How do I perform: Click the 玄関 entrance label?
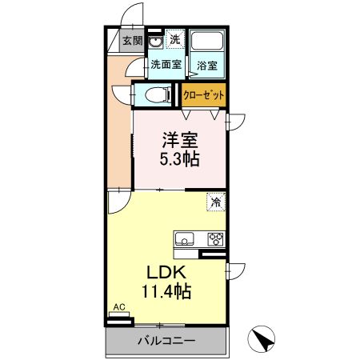point(132,41)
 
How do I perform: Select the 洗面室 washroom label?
point(166,66)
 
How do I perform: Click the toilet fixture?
point(158,95)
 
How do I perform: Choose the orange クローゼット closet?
point(204,94)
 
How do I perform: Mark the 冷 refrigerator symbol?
point(215,202)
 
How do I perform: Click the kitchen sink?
point(182,238)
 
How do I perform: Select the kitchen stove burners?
point(215,238)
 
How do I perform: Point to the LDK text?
point(161,272)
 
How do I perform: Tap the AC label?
point(118,307)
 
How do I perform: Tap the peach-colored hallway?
point(120,128)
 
